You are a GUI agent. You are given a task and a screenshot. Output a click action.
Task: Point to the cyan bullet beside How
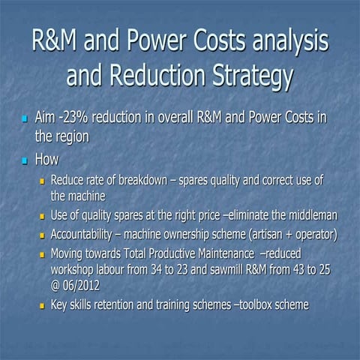pyautogui.click(x=24, y=160)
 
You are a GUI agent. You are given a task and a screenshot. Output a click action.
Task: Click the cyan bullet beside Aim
pyautogui.click(x=24, y=119)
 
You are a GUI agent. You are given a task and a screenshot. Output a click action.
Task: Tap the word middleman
pyautogui.click(x=308, y=216)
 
